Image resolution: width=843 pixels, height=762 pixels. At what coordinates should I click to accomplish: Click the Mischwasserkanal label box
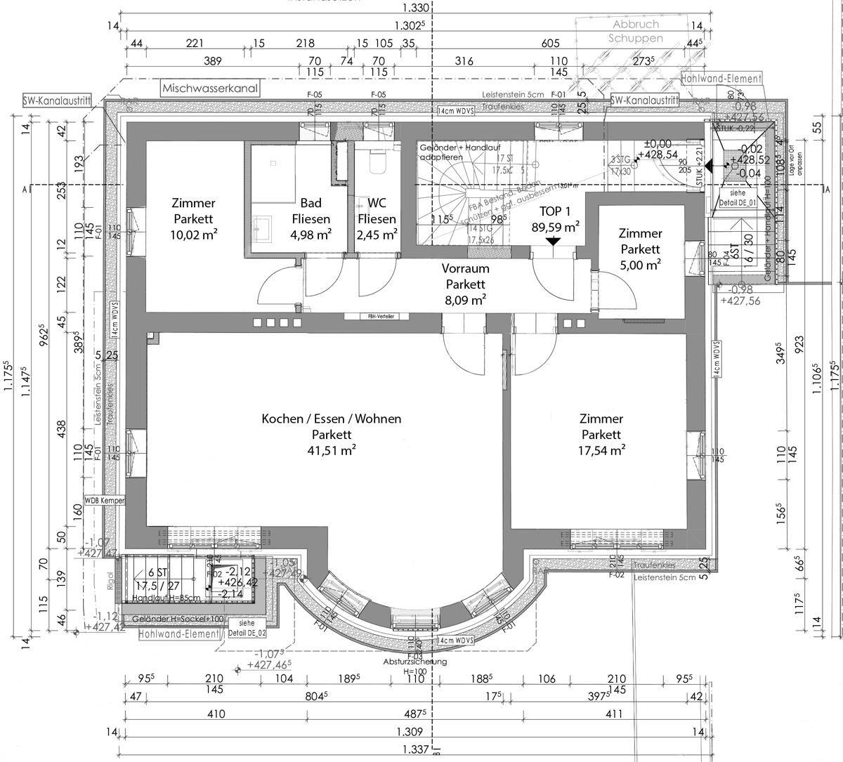pos(210,89)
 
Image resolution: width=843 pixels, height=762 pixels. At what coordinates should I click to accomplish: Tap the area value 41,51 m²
pos(331,451)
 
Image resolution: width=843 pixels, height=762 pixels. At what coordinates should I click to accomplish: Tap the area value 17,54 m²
pos(601,451)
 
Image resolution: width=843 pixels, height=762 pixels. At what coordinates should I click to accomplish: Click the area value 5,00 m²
pos(639,265)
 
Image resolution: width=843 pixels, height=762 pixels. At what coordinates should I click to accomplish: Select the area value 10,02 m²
pos(193,234)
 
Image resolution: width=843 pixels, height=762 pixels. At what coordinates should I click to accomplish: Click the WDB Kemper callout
pos(104,501)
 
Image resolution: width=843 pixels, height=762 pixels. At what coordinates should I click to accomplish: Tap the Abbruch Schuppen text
pos(635,32)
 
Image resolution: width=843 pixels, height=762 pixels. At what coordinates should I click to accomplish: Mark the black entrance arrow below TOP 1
pos(553,241)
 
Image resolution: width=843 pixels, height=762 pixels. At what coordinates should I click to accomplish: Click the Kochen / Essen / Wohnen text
pos(332,419)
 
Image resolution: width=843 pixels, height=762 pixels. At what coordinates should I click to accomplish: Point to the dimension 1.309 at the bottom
pos(415,732)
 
